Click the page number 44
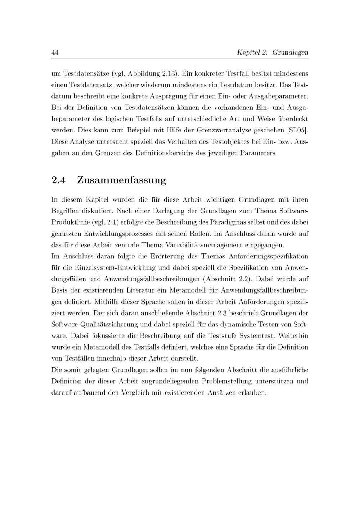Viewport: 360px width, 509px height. [55, 53]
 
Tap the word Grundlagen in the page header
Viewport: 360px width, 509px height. [290, 53]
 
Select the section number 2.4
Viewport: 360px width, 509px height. [59, 180]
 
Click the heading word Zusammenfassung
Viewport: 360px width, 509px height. [122, 180]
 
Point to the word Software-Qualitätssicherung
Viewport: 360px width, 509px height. [94, 325]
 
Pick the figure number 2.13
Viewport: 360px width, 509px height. [169, 74]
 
